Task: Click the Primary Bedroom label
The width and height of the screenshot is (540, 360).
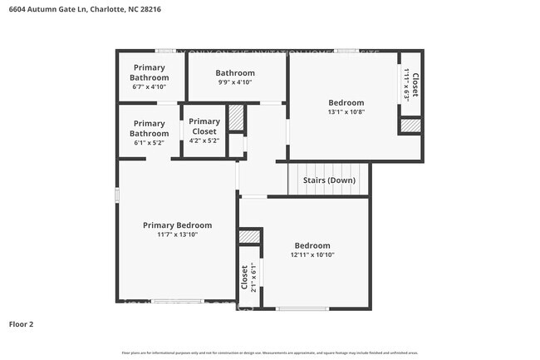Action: tap(177, 225)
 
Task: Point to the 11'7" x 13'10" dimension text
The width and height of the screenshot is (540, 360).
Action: tap(177, 234)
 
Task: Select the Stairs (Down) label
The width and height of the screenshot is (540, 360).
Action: tap(330, 180)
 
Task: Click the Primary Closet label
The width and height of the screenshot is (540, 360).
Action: tap(204, 126)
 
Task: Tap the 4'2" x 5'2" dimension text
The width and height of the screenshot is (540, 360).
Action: tap(204, 141)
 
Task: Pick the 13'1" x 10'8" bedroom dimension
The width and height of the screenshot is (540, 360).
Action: tap(346, 111)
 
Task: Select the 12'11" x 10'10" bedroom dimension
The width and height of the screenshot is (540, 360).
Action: tap(312, 255)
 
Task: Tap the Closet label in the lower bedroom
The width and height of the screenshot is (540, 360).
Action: tap(244, 277)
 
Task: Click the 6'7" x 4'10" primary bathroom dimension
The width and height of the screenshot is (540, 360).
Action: tap(149, 86)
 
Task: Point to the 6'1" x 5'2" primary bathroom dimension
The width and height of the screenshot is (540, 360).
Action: tap(149, 142)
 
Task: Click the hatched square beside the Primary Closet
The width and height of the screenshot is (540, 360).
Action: tap(237, 118)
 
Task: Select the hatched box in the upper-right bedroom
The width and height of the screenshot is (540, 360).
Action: tap(410, 126)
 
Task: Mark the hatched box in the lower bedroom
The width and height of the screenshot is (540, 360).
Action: tap(249, 237)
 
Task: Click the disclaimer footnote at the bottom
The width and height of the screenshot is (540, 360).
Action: tap(270, 353)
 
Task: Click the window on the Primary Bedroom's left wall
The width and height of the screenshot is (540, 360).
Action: tap(116, 195)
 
